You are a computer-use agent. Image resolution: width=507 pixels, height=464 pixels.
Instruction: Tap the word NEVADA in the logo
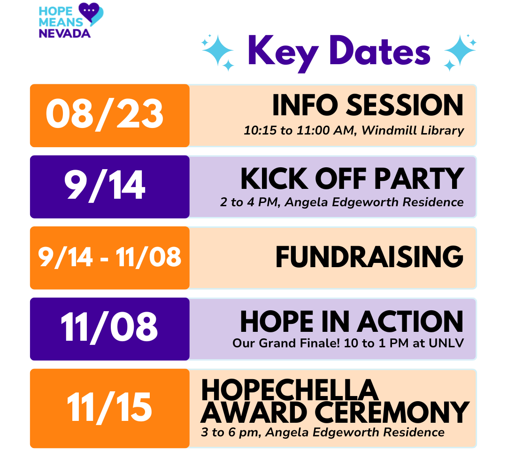coord(64,33)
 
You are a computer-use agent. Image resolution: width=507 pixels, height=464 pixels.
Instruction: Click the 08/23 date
coord(105,115)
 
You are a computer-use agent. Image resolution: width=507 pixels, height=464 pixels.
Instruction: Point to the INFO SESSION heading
coord(368,105)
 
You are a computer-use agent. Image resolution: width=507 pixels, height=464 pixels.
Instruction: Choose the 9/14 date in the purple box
coord(105,186)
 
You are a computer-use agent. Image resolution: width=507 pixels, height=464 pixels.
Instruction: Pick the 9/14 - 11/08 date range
coord(110,257)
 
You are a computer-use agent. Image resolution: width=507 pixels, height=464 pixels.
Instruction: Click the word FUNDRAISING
coord(369,257)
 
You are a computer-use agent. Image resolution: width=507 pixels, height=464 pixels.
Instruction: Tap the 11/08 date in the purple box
coord(109,328)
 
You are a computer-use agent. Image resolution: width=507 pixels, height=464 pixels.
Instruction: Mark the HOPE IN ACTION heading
coord(352,322)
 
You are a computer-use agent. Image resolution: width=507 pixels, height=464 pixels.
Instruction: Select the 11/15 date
coord(109,407)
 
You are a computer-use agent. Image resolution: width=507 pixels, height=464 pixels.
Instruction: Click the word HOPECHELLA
coord(290,390)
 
